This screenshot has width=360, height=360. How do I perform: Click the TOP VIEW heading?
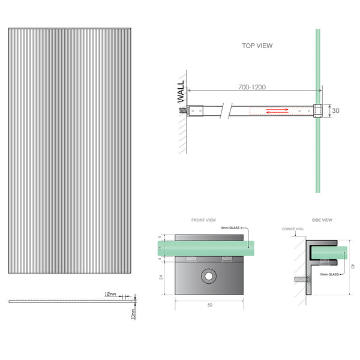point(256,45)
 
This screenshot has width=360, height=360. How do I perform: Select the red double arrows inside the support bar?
point(278,110)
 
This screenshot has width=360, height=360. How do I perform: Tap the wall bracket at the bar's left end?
point(196,110)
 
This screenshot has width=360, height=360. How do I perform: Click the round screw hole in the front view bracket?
point(208,276)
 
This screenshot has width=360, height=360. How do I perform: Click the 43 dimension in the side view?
point(353,266)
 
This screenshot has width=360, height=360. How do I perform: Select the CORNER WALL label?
point(293,229)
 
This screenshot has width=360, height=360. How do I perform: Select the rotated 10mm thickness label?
point(133,312)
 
